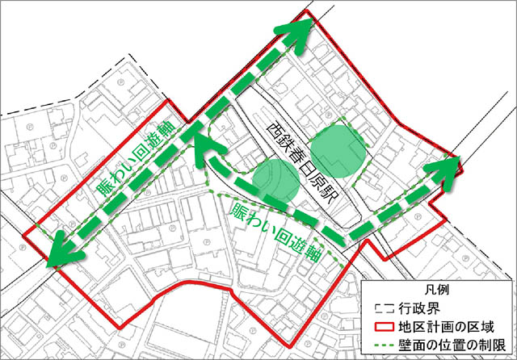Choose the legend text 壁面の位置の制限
pos(449,345)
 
